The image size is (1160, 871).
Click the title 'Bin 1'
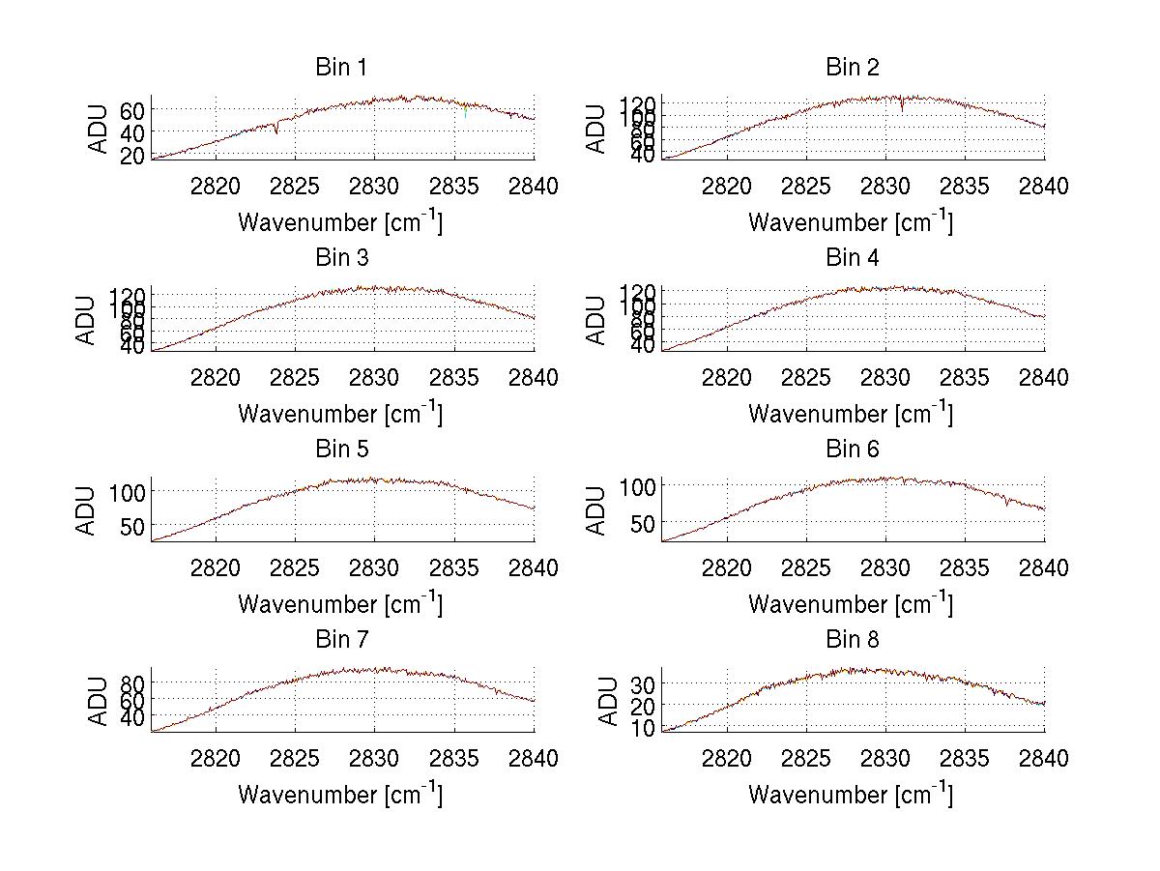pyautogui.click(x=341, y=68)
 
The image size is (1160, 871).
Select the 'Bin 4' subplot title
pyautogui.click(x=852, y=258)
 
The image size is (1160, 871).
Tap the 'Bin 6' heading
pyautogui.click(x=852, y=450)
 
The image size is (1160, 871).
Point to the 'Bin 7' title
pyautogui.click(x=341, y=640)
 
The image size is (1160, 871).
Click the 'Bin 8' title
pyautogui.click(x=852, y=640)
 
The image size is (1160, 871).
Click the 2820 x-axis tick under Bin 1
pyautogui.click(x=216, y=187)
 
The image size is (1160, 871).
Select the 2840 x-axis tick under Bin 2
pyautogui.click(x=1044, y=187)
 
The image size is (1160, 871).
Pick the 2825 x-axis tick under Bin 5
pyautogui.click(x=296, y=568)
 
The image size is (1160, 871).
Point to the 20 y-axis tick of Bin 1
pyautogui.click(x=131, y=155)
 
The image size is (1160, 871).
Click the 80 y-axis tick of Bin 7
pyautogui.click(x=131, y=682)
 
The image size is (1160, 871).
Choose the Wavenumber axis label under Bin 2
pyautogui.click(x=851, y=222)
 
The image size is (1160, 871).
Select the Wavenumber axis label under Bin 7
pyautogui.click(x=340, y=795)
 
